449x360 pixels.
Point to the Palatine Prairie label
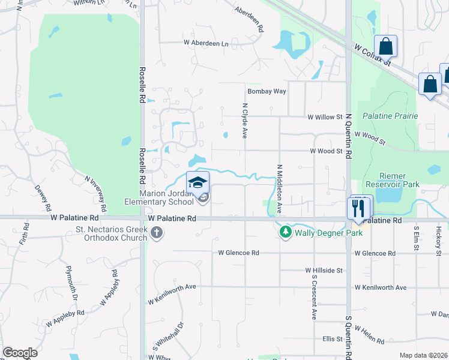[390, 115]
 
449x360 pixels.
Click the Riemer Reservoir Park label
[390, 180]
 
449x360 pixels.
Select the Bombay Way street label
[267, 91]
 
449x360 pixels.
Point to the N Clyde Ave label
[245, 121]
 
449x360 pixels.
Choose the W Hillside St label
[324, 271]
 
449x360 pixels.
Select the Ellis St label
[332, 339]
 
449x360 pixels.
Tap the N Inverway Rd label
[96, 194]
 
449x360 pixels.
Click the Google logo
[20, 353]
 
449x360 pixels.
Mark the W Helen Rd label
[369, 335]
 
